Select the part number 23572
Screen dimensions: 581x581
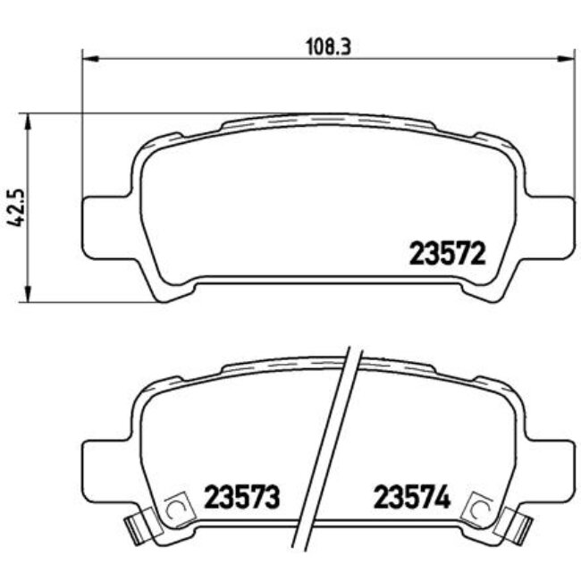[x=447, y=256]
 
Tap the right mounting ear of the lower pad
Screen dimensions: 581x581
[x=549, y=465]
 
